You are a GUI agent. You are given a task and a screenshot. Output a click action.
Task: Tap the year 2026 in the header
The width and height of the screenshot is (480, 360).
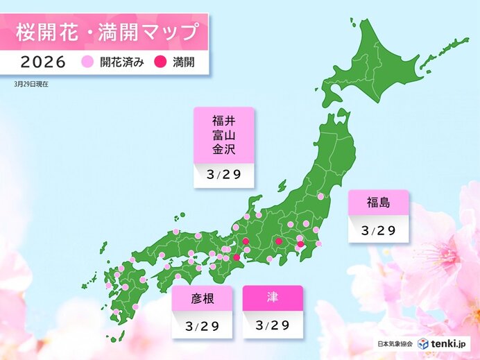coord(43,62)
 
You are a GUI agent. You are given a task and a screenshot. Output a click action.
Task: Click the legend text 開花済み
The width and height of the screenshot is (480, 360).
coord(121,62)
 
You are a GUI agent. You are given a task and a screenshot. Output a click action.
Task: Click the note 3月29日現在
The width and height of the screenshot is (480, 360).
coord(31,83)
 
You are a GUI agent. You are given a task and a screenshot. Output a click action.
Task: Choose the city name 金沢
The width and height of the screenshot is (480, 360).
coord(223,149)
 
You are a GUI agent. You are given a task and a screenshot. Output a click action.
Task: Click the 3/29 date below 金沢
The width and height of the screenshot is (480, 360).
coord(223,174)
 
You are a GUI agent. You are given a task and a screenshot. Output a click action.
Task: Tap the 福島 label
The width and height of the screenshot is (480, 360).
coord(378,203)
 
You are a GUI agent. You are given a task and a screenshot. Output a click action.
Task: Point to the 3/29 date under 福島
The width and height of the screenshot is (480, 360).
coord(378,230)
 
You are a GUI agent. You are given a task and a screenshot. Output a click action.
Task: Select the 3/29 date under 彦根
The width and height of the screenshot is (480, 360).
coord(202,325)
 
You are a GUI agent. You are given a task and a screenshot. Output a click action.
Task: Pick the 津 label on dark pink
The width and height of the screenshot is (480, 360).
coord(273,298)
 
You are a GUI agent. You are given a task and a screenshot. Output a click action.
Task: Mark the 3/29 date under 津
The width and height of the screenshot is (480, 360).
coord(273,325)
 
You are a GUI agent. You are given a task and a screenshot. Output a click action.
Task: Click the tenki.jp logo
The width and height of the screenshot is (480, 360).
coord(444,343)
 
